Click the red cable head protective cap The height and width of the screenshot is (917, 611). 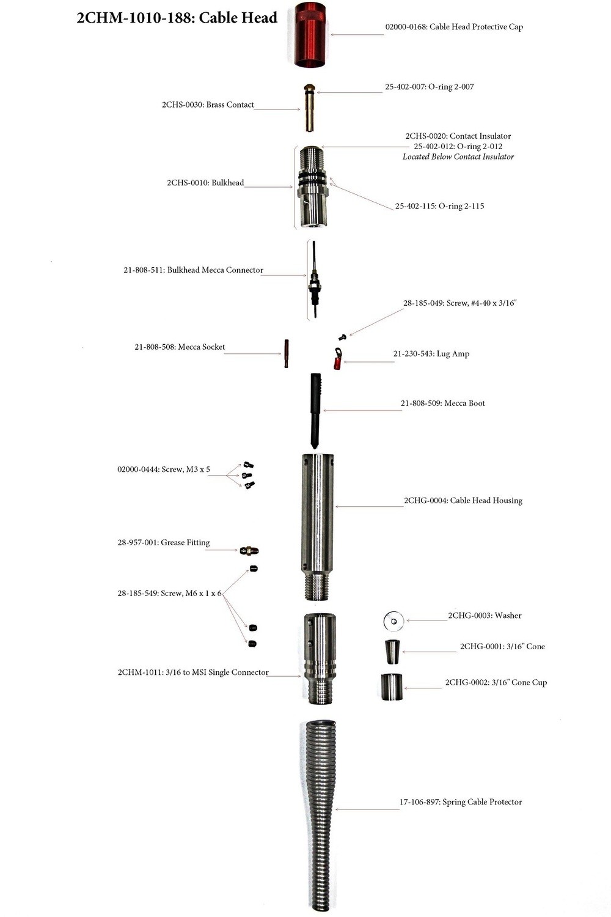point(310,35)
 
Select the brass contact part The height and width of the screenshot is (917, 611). point(310,108)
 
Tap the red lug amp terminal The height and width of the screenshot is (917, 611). point(337,359)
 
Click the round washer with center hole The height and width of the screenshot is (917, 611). point(393,621)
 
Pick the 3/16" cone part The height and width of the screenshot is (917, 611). point(392,652)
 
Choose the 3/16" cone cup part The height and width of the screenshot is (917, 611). point(392,687)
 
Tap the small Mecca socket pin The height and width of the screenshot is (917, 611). point(286,353)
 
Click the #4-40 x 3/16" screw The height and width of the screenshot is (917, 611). point(343,337)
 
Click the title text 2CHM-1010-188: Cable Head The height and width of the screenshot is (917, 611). point(177,18)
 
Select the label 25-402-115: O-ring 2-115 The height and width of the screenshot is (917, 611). point(439,206)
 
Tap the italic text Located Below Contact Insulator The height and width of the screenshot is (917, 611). point(458,157)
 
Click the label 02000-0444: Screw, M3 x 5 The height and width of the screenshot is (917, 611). point(164,470)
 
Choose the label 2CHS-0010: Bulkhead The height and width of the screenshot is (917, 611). point(205,183)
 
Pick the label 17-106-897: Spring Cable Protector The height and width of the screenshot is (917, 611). point(461,802)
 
